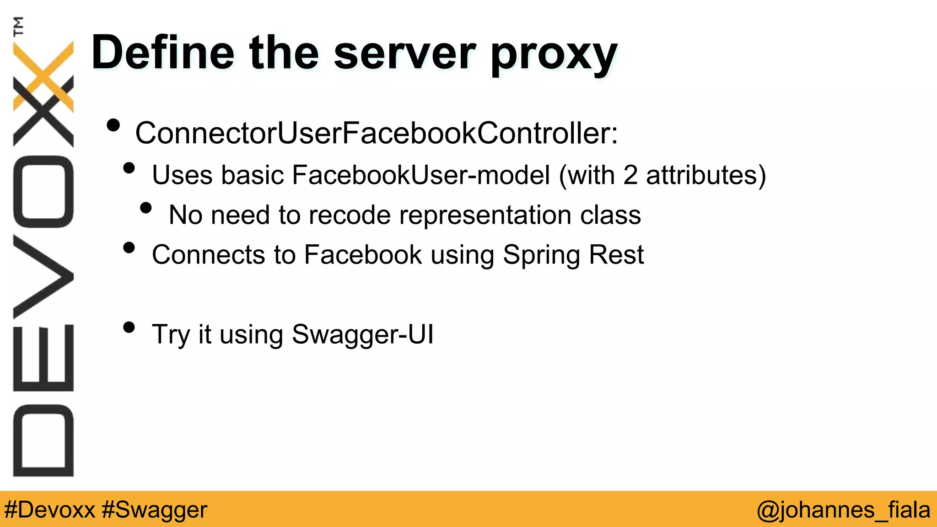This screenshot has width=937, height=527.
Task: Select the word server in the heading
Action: [x=404, y=53]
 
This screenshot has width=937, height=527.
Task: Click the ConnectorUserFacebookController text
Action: [x=376, y=133]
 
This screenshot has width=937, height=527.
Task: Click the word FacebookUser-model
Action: [x=420, y=175]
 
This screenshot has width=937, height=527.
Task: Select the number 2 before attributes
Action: [x=630, y=175]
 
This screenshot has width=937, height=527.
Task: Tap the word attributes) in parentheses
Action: [x=705, y=175]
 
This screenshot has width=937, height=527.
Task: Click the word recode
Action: [x=350, y=215]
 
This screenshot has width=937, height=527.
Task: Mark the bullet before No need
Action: [x=146, y=208]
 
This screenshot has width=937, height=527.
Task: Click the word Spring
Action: [x=541, y=255]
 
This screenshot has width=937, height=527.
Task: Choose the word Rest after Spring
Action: [x=616, y=254]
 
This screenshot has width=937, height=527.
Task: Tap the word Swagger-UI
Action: [x=362, y=334]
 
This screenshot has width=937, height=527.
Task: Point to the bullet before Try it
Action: [x=129, y=327]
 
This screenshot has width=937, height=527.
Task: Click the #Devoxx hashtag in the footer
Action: [x=49, y=510]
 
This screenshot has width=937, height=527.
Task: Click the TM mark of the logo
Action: [x=18, y=26]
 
